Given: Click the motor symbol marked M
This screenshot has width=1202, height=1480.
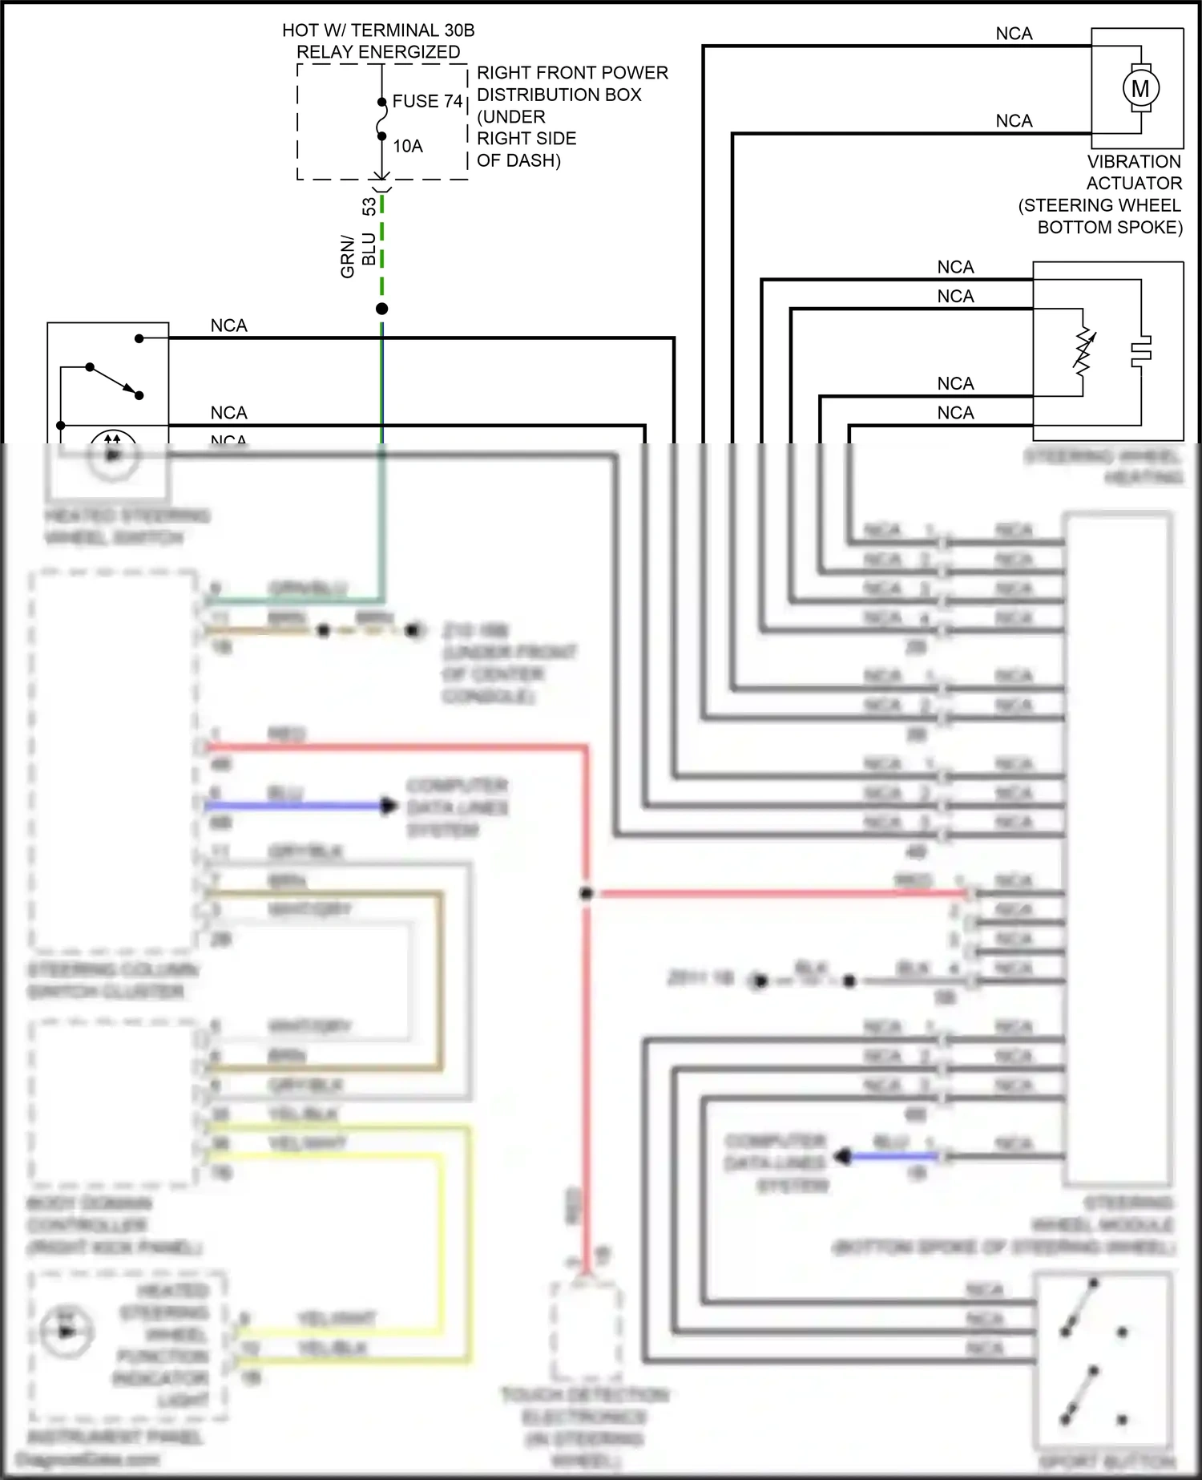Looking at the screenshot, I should pyautogui.click(x=1140, y=88).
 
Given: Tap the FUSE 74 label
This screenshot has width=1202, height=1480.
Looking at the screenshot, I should pyautogui.click(x=428, y=101).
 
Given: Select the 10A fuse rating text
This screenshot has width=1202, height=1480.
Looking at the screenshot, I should pyautogui.click(x=407, y=146).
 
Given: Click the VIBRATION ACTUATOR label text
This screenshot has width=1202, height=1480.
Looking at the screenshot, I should pyautogui.click(x=1133, y=172).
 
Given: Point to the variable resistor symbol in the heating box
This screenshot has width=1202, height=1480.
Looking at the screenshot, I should pyautogui.click(x=1083, y=353).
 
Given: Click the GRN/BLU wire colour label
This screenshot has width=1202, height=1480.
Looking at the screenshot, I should pyautogui.click(x=358, y=255).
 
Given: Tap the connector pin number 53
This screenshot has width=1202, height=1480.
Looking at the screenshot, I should pyautogui.click(x=369, y=206).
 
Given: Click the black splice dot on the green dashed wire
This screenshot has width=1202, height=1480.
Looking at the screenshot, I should pyautogui.click(x=382, y=309).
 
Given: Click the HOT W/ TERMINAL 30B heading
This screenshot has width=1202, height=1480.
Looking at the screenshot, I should pyautogui.click(x=378, y=30).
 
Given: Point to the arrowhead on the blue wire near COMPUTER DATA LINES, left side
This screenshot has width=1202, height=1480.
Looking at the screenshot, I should pyautogui.click(x=389, y=806).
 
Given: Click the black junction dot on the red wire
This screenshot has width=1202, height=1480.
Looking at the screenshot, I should pyautogui.click(x=586, y=893).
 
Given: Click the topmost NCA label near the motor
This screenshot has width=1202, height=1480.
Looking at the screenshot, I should pyautogui.click(x=1014, y=34).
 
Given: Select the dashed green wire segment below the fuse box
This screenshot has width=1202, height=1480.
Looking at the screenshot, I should pyautogui.click(x=382, y=249).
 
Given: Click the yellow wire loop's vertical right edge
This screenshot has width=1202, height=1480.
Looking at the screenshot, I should pyautogui.click(x=468, y=1243).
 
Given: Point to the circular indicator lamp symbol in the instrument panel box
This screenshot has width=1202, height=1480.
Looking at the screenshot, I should pyautogui.click(x=67, y=1332).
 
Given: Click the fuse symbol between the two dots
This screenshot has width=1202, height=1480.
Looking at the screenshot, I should pyautogui.click(x=382, y=119).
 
